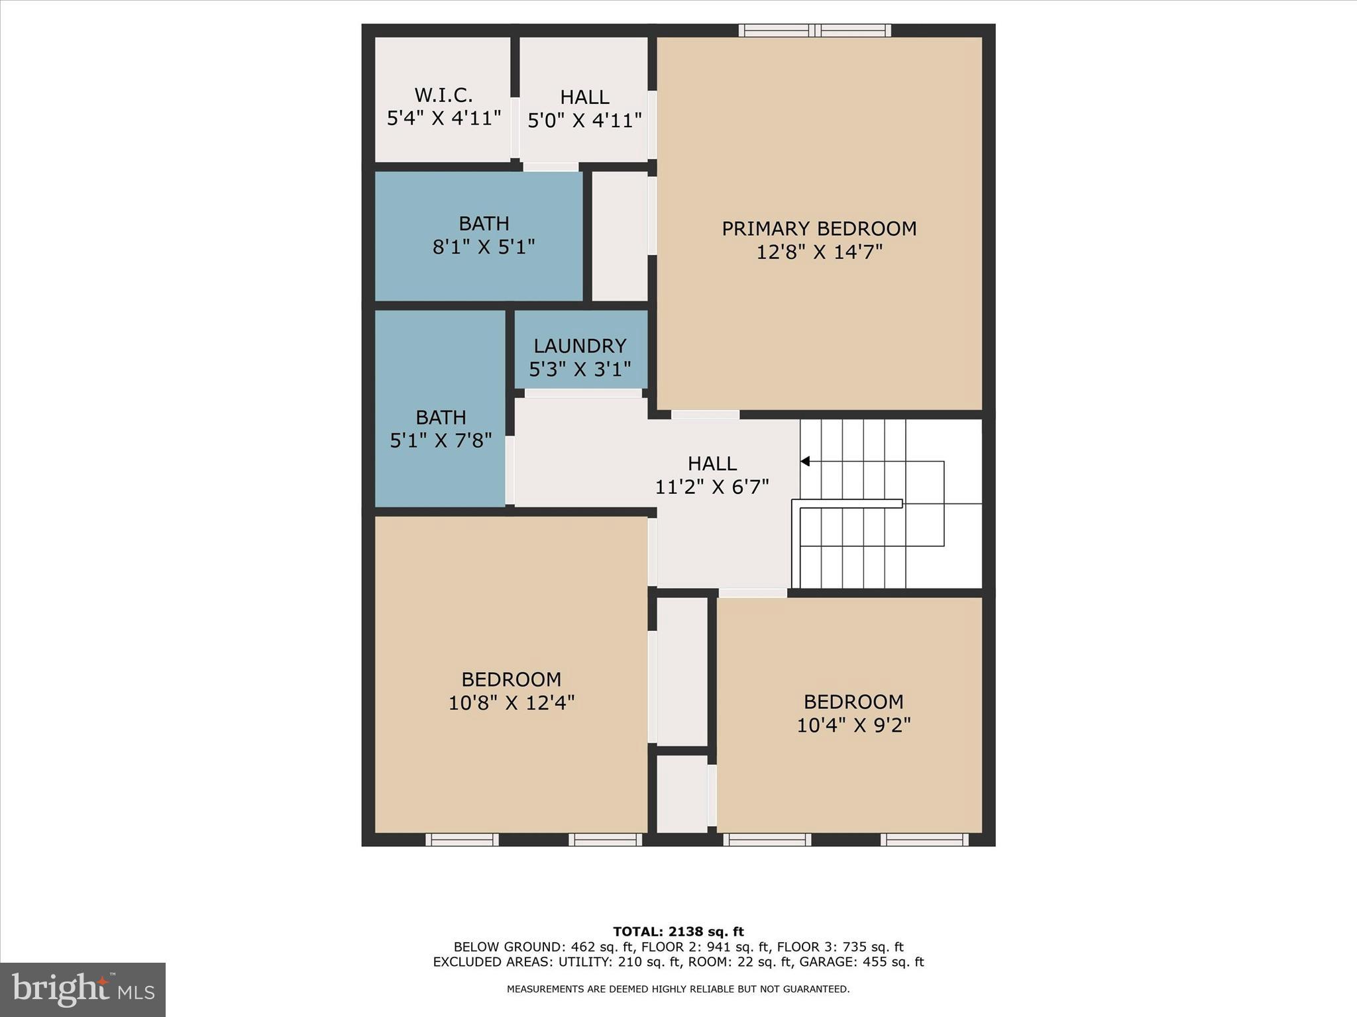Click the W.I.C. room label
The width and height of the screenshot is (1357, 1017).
pos(443,95)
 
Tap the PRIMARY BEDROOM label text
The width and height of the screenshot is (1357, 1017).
pos(819,229)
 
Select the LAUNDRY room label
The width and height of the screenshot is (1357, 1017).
pos(580,346)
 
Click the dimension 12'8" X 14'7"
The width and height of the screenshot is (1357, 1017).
pos(820,252)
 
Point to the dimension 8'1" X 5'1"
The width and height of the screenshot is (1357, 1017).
pos(484,247)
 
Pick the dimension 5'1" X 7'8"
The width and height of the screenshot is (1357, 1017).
pos(441,440)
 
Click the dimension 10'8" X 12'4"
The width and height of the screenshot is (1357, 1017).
pos(511,702)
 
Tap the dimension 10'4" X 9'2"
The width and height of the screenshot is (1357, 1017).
pos(853,725)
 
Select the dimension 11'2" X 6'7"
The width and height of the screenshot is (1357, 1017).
pos(712,487)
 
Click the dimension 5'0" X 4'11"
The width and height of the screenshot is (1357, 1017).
pos(584,121)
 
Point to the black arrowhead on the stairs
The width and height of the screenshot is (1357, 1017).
pos(805,461)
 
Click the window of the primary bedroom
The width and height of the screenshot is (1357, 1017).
pos(814,30)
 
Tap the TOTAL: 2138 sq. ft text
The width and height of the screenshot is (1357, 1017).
pos(678,932)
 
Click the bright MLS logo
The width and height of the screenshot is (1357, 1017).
pos(83,989)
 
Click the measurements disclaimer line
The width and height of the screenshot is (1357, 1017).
pos(678,989)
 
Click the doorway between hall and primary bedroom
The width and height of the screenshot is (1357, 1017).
pos(705,415)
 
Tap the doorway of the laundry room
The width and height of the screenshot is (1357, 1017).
pos(583,393)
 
